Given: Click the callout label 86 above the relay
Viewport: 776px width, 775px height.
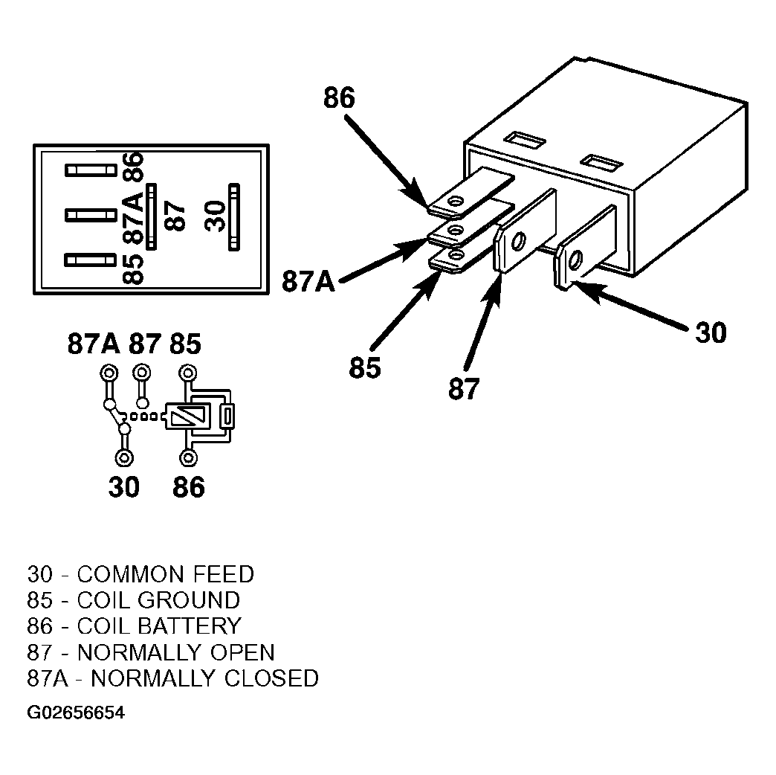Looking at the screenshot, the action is tap(339, 97).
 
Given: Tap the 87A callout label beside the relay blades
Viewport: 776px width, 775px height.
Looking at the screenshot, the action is tap(308, 282).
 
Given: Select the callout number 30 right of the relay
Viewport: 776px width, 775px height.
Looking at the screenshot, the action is tap(711, 332).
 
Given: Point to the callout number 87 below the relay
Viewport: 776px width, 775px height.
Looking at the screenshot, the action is tap(464, 389).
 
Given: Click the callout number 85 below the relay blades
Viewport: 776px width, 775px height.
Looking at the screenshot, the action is tap(365, 368).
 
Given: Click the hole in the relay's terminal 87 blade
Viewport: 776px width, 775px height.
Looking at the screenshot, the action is tap(518, 242).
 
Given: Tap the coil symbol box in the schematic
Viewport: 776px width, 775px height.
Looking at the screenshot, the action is tap(188, 416).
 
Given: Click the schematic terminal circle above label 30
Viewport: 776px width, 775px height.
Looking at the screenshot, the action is tap(123, 457).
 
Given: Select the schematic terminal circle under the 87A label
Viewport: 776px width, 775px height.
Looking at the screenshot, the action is tap(109, 373).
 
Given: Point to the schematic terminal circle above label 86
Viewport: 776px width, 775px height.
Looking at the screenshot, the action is tap(187, 457).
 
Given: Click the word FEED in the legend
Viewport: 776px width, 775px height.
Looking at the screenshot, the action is tap(223, 574).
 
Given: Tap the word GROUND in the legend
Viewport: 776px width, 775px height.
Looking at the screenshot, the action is tap(189, 600).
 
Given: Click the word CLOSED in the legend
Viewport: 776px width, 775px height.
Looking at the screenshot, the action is tap(271, 678).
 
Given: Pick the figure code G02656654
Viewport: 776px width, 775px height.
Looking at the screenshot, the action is tap(76, 713).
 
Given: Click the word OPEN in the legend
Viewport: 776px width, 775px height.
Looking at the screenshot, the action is tap(242, 652).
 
